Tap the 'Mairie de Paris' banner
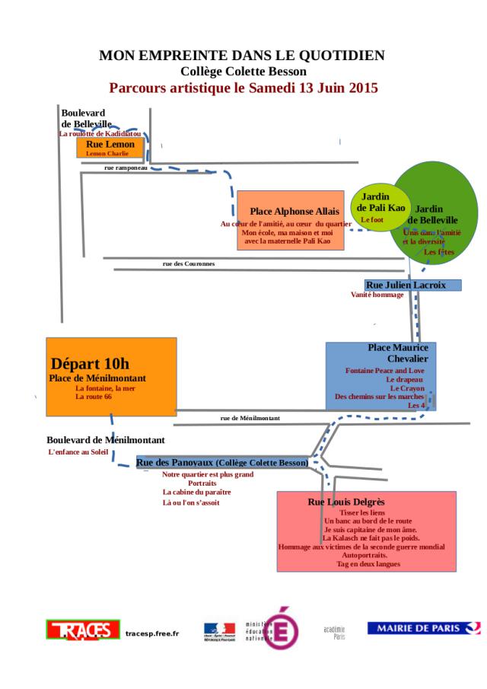(x=423, y=628)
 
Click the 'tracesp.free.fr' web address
(x=152, y=633)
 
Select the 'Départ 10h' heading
(x=90, y=363)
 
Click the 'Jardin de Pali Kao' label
(x=381, y=202)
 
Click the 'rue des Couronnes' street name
(x=189, y=263)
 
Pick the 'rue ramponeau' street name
(x=126, y=167)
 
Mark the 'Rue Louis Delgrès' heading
(x=346, y=502)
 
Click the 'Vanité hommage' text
(x=377, y=295)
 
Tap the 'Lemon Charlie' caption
(x=107, y=153)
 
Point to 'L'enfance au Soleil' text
(x=78, y=452)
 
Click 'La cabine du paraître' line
(x=196, y=492)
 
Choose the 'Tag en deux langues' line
(x=368, y=564)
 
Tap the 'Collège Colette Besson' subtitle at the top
(x=243, y=72)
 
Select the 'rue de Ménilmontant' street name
(x=250, y=418)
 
